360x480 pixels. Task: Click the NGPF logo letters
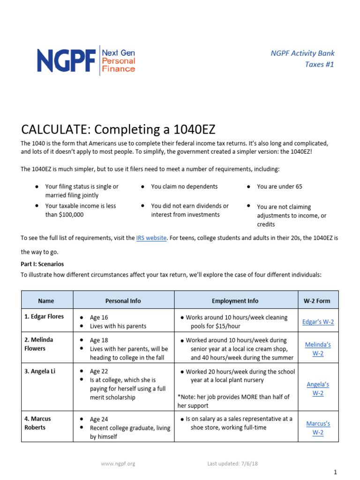point(66,60)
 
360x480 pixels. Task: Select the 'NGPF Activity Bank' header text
point(302,53)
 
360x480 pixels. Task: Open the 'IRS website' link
point(151,238)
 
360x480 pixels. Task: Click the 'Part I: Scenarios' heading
point(42,264)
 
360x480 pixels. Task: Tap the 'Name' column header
point(46,301)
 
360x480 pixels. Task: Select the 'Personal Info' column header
point(123,301)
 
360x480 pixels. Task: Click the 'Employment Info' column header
point(235,301)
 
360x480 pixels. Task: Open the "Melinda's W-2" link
point(317,349)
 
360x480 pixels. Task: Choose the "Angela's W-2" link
point(317,389)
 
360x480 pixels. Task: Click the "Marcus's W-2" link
point(317,428)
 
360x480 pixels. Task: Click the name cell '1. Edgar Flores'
point(44,317)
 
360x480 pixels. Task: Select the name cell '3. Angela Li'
point(40,371)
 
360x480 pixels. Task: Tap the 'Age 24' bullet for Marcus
point(99,419)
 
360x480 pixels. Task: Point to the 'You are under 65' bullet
point(279,187)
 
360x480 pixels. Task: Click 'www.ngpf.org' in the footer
point(118,464)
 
